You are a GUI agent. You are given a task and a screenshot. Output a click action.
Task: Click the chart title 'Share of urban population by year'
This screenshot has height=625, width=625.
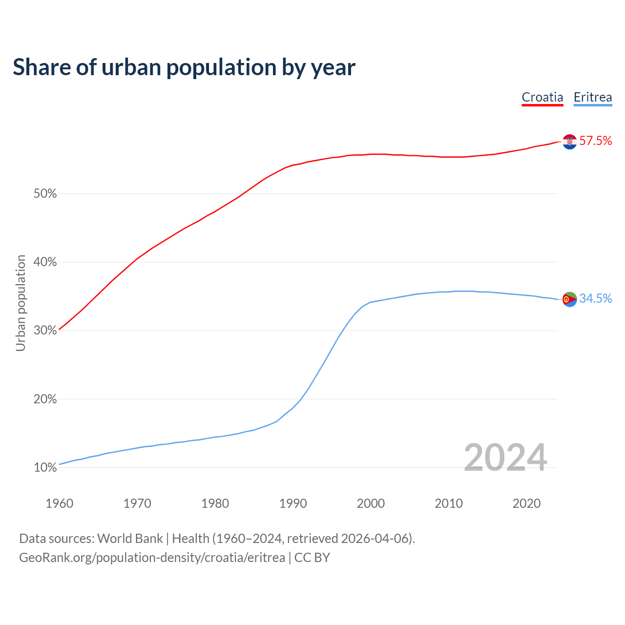pos(184,67)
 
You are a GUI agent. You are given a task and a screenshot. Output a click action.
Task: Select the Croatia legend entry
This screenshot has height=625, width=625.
pos(542,97)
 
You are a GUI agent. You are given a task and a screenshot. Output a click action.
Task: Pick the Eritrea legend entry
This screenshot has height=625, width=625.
pos(593,97)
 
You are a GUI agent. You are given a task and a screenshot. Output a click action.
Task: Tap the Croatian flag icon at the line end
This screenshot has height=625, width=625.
pos(570,142)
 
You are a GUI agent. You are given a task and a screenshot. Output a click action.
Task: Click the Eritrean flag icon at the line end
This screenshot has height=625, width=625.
pos(570,299)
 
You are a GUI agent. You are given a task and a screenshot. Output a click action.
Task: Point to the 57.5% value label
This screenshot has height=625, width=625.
pos(595,141)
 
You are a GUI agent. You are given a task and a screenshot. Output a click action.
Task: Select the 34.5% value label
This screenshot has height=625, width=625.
pos(595,299)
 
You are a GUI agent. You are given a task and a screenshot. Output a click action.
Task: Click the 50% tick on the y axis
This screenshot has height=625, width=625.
pos(45,194)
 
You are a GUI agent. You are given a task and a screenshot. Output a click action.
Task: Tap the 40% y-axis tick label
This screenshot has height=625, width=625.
pos(45,262)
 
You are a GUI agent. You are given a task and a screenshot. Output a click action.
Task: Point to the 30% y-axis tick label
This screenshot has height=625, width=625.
pos(45,331)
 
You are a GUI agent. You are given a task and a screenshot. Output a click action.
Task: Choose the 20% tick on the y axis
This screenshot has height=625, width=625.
pos(45,399)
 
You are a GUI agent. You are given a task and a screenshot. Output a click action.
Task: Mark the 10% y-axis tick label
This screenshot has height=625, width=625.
pos(45,468)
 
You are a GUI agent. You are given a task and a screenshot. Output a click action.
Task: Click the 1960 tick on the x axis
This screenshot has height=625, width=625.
pos(59,503)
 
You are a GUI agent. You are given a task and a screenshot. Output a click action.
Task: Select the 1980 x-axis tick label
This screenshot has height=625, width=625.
pos(215,503)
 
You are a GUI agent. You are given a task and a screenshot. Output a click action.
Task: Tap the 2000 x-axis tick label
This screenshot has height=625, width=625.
pos(371,503)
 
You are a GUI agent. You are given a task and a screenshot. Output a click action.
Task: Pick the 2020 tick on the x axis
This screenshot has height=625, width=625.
pos(526,503)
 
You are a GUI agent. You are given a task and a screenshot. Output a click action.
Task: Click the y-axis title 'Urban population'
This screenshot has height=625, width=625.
pos(21,303)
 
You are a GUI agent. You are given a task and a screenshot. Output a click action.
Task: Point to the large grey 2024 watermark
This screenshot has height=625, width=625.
pos(505,458)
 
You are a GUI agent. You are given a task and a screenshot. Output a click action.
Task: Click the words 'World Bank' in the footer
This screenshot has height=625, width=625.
pos(130,539)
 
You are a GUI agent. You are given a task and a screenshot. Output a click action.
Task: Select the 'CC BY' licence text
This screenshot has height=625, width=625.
pos(312,558)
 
